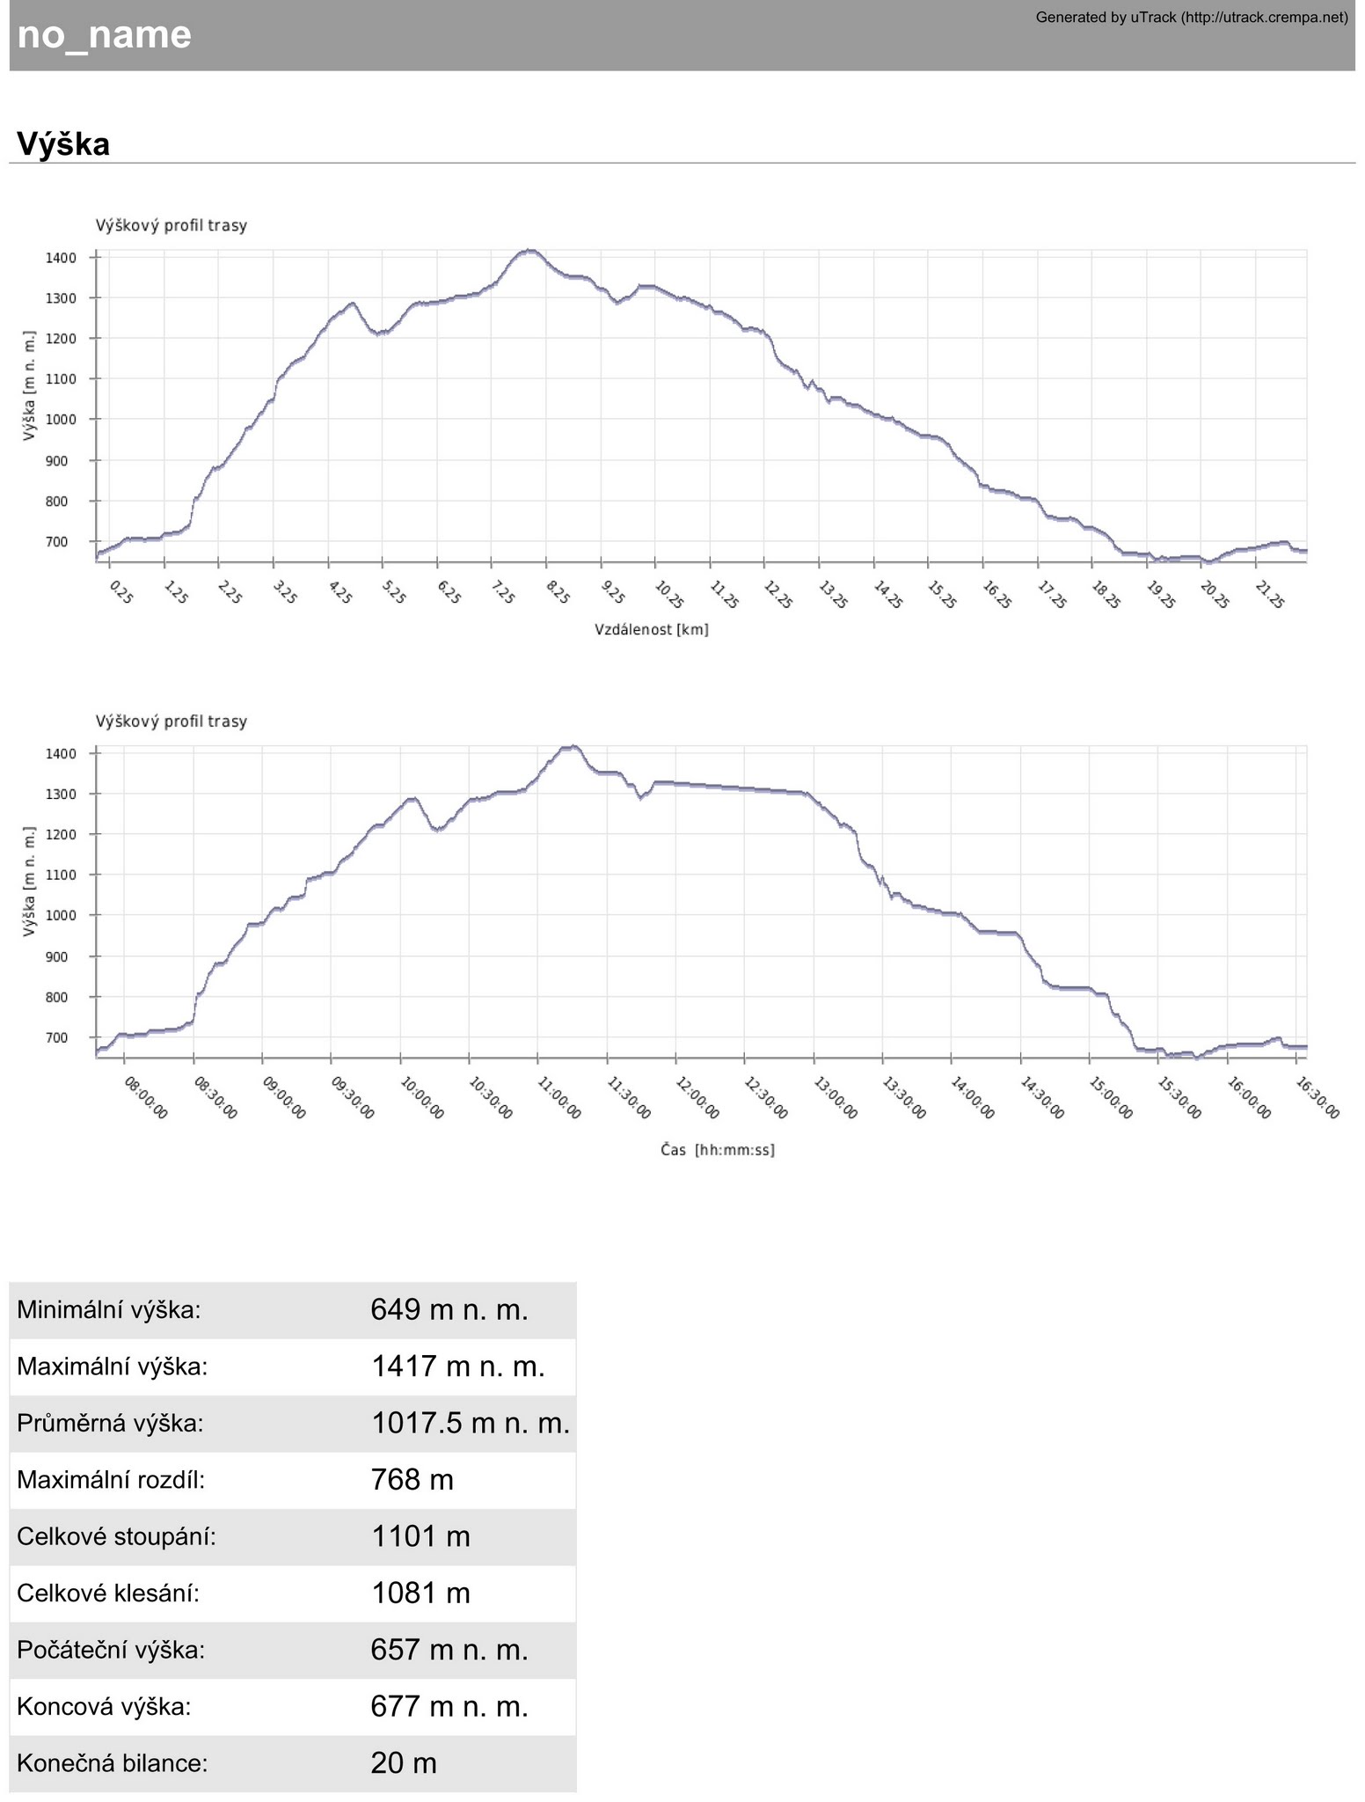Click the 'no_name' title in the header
[104, 35]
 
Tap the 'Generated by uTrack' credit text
[1191, 17]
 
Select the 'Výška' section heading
[63, 144]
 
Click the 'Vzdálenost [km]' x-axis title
[651, 630]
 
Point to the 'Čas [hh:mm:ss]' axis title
[718, 1150]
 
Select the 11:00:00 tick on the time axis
[558, 1097]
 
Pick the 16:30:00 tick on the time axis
[1318, 1097]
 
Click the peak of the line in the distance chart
[529, 251]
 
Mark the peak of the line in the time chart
[573, 747]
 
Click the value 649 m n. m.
[449, 1310]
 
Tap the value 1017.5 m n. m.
[470, 1424]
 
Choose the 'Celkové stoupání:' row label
[116, 1537]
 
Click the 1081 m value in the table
[420, 1593]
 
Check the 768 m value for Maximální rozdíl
[412, 1480]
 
